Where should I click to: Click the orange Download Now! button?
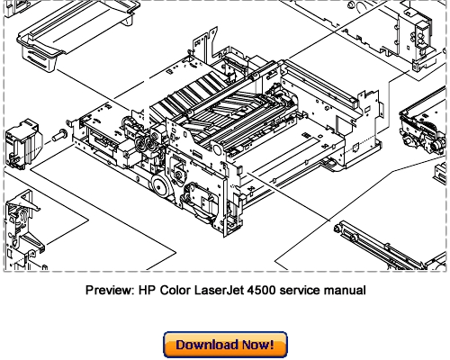click(x=224, y=345)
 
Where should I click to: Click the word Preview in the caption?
click(x=108, y=291)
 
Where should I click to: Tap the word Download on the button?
click(x=207, y=345)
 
